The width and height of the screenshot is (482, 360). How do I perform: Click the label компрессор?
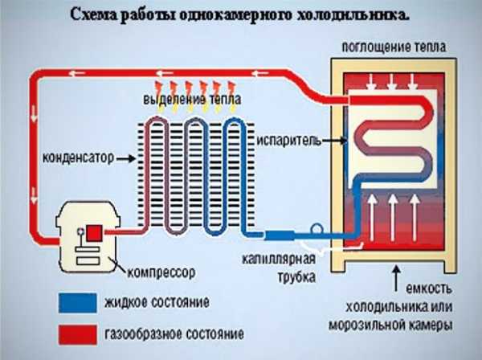pyautogui.click(x=161, y=272)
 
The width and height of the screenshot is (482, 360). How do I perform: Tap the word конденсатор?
pyautogui.click(x=79, y=157)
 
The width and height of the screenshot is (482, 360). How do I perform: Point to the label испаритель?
pyautogui.click(x=289, y=141)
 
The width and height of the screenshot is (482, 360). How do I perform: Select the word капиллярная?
pyautogui.click(x=279, y=260)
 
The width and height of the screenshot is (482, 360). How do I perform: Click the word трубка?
pyautogui.click(x=297, y=276)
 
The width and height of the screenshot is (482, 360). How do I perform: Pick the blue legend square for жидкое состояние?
pyautogui.click(x=78, y=303)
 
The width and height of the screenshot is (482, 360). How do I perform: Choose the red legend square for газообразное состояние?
pyautogui.click(x=78, y=334)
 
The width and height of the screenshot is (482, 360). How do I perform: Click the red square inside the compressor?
pyautogui.click(x=94, y=233)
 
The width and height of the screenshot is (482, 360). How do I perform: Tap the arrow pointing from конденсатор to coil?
pyautogui.click(x=126, y=158)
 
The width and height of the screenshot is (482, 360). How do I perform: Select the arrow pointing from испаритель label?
pyautogui.click(x=335, y=141)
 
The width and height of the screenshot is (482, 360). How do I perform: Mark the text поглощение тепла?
pyautogui.click(x=394, y=47)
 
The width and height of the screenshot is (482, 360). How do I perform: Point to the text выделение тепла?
pyautogui.click(x=192, y=100)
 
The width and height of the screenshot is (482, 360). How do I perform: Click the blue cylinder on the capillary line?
pyautogui.click(x=280, y=235)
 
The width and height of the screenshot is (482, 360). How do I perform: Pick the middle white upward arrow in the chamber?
pyautogui.click(x=393, y=217)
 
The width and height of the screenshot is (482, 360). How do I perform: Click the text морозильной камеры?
pyautogui.click(x=390, y=325)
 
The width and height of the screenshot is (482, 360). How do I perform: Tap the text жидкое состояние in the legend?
pyautogui.click(x=157, y=302)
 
